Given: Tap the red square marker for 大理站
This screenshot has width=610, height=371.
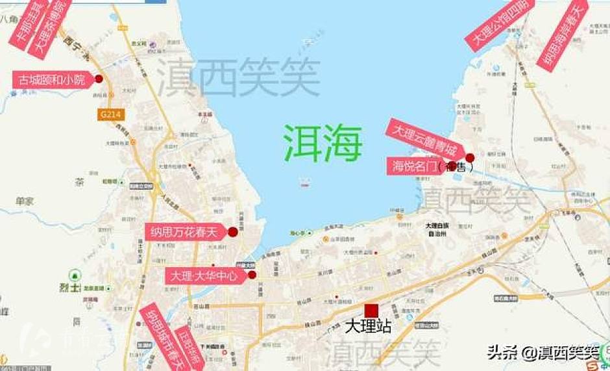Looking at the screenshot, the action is [x=371, y=311].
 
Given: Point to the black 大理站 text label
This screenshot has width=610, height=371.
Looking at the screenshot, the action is [x=369, y=326].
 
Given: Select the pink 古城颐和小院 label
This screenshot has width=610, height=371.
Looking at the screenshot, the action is [x=52, y=80].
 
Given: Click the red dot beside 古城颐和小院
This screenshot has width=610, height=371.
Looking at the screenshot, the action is [x=99, y=79].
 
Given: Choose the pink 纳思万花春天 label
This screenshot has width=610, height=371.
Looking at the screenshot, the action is [x=184, y=232].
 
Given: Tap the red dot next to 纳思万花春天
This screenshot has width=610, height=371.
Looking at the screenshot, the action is [x=233, y=231].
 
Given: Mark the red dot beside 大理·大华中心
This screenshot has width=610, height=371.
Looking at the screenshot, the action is [x=252, y=275].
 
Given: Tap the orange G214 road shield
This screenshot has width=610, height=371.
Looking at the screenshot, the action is [x=110, y=114].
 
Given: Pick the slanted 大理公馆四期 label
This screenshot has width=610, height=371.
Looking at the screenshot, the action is [x=500, y=23].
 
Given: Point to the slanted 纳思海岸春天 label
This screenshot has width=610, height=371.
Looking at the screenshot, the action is [x=562, y=36].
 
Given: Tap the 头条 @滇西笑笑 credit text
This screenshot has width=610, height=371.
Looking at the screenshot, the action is [x=543, y=353].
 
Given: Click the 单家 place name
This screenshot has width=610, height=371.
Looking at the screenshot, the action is [x=25, y=201].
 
